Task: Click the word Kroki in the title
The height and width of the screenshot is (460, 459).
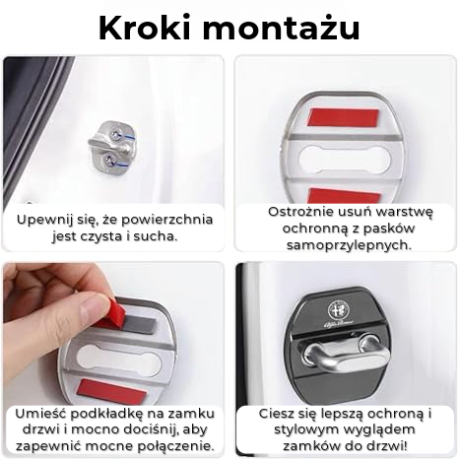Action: [x=145, y=28]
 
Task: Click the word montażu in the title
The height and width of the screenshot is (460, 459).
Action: [x=281, y=29]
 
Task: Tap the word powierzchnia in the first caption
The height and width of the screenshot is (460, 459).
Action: [x=166, y=220]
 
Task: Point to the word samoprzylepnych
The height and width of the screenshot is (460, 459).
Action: [x=349, y=245]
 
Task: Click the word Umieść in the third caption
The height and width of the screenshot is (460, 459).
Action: [x=40, y=414]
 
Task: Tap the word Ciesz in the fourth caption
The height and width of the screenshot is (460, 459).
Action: [x=275, y=414]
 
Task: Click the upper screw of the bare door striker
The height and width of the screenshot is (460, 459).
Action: [x=116, y=134]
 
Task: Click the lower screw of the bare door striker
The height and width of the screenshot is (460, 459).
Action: [x=108, y=161]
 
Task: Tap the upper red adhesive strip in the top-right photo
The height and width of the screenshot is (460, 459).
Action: [x=343, y=118]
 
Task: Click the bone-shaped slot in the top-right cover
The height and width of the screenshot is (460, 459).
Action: [x=345, y=160]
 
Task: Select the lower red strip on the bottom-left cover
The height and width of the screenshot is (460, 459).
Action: [x=112, y=392]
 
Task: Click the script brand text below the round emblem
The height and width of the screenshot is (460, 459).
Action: [x=339, y=324]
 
